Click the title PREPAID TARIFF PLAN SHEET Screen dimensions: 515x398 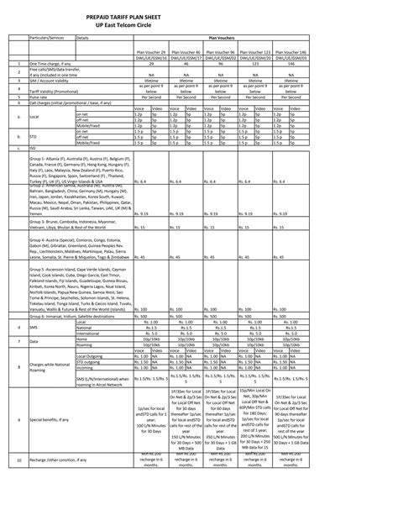[x=200, y=17]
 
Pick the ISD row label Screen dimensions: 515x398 [x=33, y=148]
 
